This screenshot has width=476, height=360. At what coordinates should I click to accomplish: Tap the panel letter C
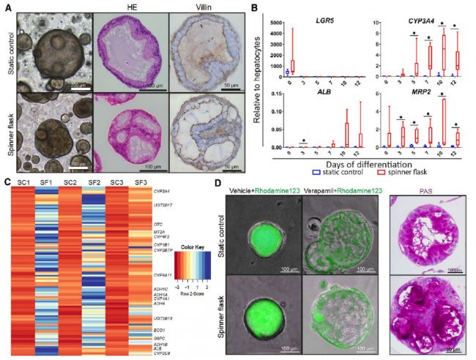(6, 182)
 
